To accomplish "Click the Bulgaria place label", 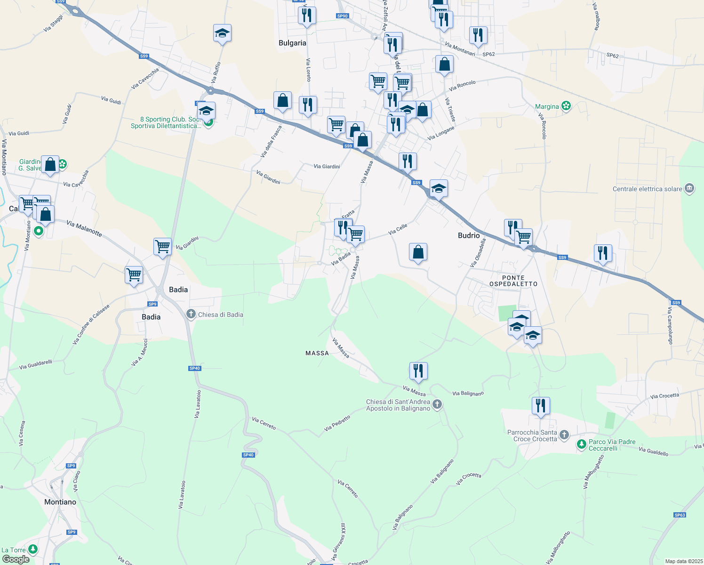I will [292, 43].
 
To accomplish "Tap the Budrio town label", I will [469, 235].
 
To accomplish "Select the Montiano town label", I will [60, 502].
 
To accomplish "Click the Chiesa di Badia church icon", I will [191, 314].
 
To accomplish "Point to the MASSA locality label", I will [317, 353].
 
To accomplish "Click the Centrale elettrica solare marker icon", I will [689, 189].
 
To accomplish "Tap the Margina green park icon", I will [566, 106].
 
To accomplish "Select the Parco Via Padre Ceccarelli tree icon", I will [582, 444].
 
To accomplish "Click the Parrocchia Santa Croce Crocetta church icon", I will [565, 435].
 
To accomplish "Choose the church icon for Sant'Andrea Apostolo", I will [437, 404].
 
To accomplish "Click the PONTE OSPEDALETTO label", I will [513, 281].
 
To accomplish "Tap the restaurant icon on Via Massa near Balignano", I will [418, 371].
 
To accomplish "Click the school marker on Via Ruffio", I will [222, 33].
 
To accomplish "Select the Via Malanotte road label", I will [84, 228].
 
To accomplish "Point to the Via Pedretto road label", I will [337, 423].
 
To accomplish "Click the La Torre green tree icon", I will [32, 549].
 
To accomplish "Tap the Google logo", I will [16, 559].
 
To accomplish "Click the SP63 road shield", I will [680, 515].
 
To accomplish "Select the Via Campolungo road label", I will [670, 325].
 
